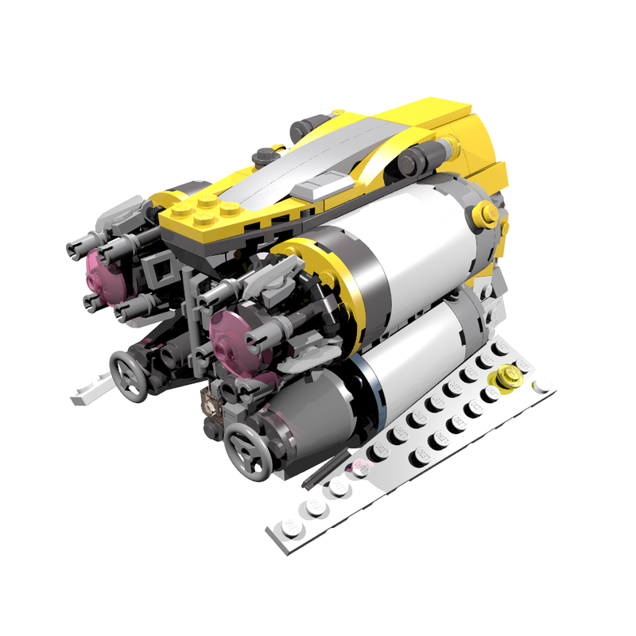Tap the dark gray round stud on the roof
tap(262, 154)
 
